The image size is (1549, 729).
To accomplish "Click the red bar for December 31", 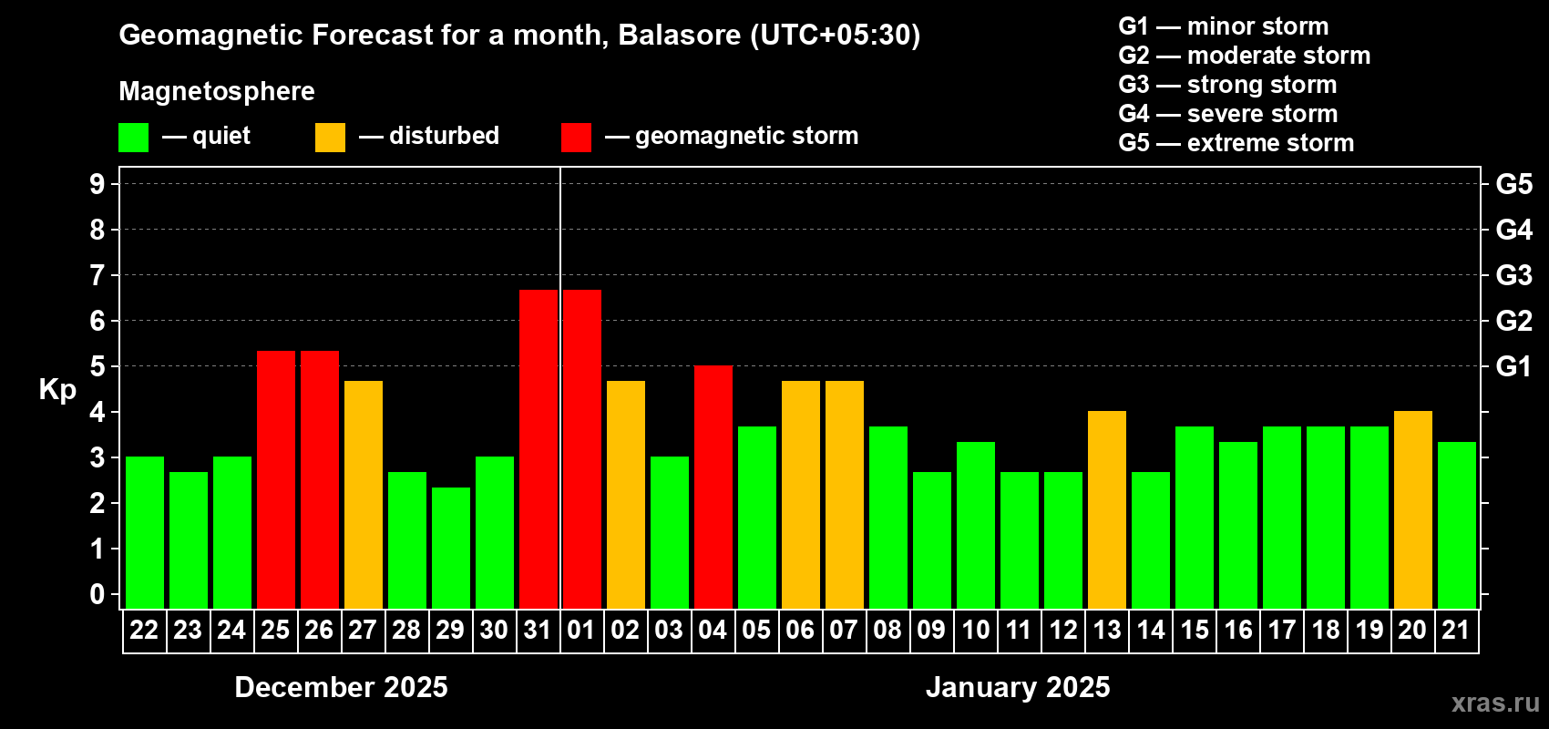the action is [x=539, y=449].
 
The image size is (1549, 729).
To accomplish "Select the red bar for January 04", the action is [x=713, y=487].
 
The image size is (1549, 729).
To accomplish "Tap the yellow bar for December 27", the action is [x=364, y=495].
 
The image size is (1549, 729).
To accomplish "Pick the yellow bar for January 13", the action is [x=1107, y=509].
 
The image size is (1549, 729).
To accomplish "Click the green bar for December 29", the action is [x=451, y=548].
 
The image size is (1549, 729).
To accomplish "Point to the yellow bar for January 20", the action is [x=1412, y=509].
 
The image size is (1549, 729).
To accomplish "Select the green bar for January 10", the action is [x=976, y=525].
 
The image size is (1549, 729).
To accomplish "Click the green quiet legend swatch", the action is [x=133, y=138].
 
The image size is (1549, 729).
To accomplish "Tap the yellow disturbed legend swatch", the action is [x=331, y=138].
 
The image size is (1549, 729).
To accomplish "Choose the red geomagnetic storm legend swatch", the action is [x=577, y=138].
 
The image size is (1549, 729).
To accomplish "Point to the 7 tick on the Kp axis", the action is [x=97, y=275].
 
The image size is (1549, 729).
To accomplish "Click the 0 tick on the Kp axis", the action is [x=97, y=594].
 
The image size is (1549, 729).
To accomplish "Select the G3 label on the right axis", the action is [x=1514, y=275].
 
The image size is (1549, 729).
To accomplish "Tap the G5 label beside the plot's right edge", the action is [x=1514, y=184].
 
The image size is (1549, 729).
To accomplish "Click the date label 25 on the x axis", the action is [x=275, y=630].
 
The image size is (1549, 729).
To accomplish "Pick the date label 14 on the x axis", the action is [x=1151, y=630].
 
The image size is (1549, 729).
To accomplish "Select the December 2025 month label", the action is [x=341, y=687].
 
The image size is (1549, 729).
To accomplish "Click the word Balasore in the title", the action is [x=679, y=36].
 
